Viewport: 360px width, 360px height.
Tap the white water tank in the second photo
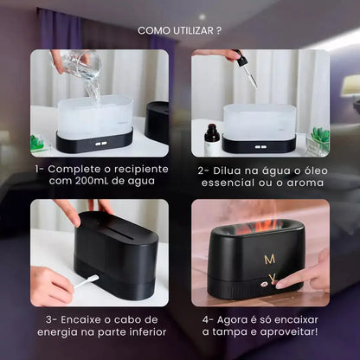coord(259,121)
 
